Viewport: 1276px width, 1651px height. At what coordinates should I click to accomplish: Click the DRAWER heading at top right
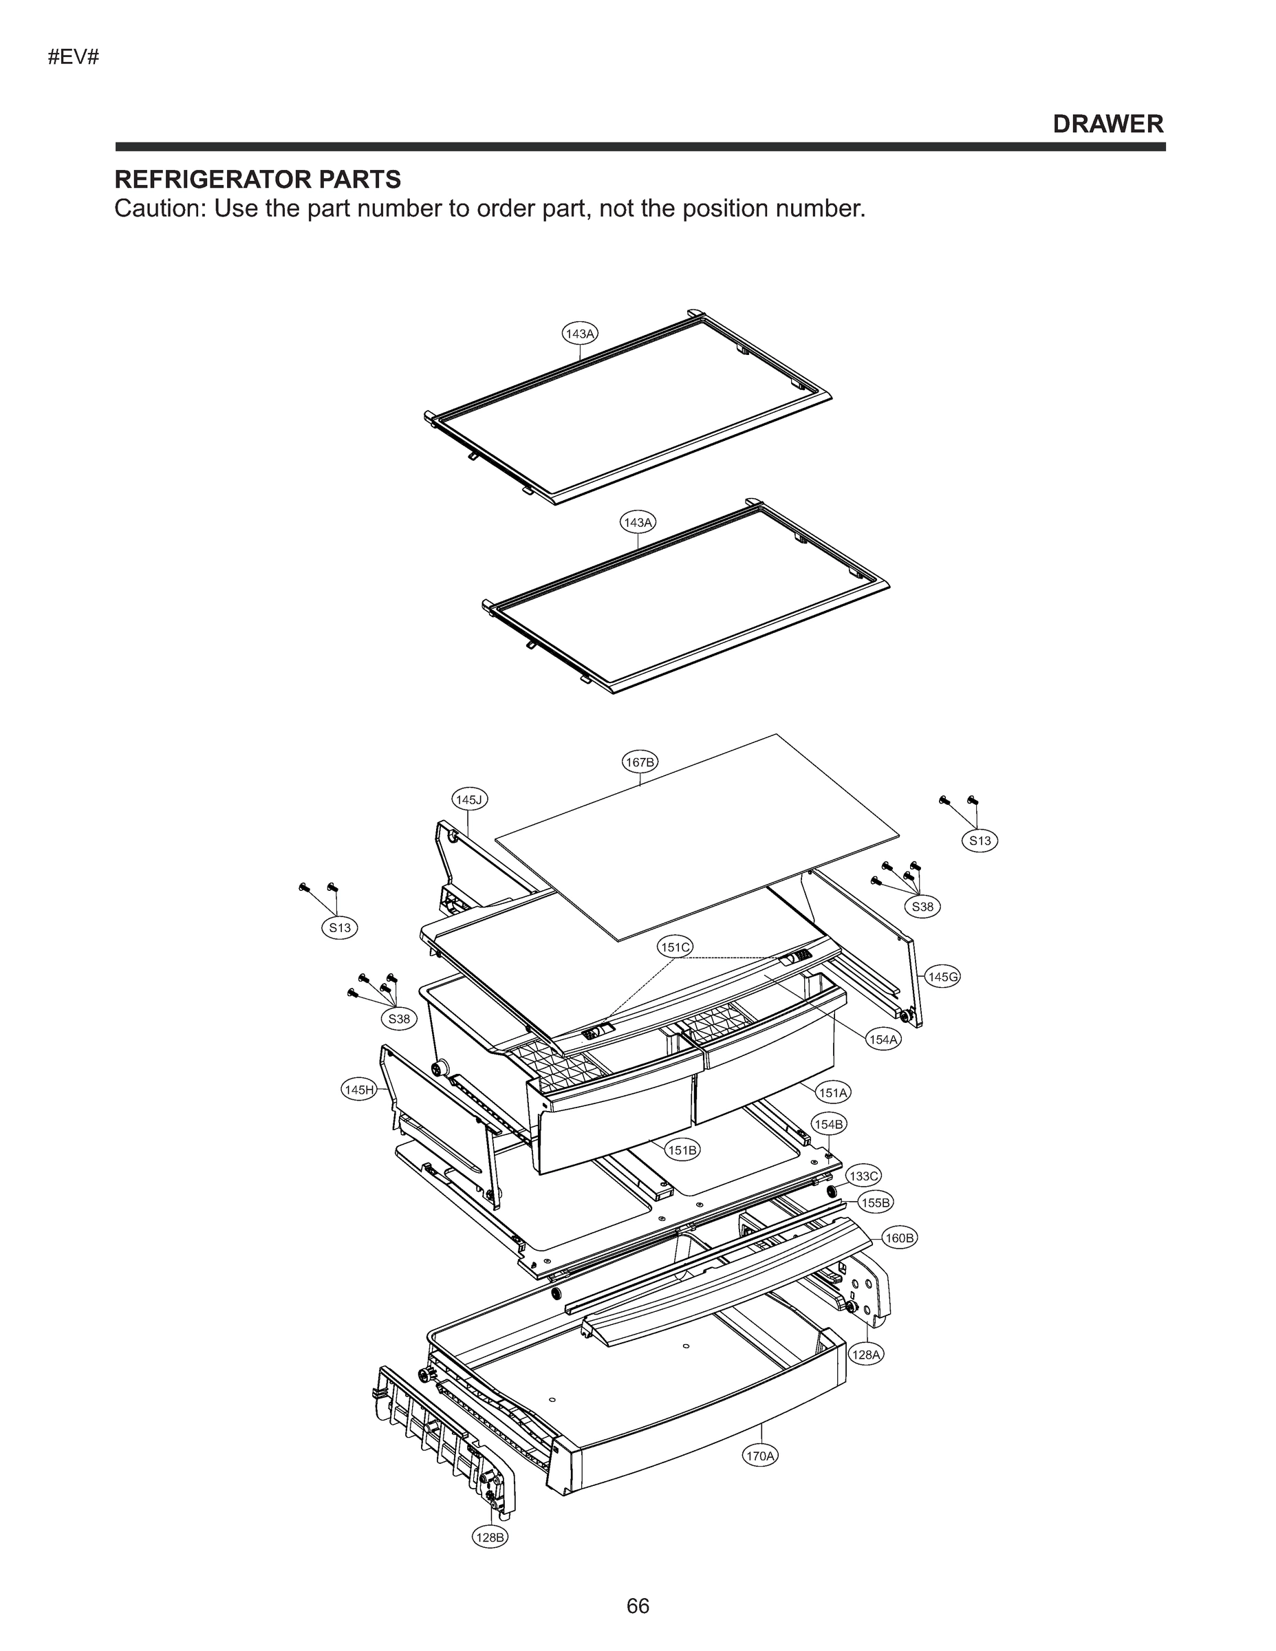(x=1107, y=124)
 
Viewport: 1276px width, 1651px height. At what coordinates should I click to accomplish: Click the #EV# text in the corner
(x=74, y=58)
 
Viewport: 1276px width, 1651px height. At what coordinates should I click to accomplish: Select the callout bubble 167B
(x=640, y=762)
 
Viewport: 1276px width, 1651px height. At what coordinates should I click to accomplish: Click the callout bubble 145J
(x=469, y=799)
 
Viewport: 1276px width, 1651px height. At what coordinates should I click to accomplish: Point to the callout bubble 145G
(x=942, y=977)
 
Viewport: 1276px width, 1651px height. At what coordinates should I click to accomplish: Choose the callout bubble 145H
(x=358, y=1090)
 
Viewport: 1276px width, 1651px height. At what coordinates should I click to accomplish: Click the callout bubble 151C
(x=675, y=947)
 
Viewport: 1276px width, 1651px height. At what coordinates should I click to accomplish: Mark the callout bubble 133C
(x=863, y=1176)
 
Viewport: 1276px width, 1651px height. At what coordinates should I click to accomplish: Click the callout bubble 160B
(x=900, y=1238)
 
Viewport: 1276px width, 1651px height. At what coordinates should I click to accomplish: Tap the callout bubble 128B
(x=489, y=1537)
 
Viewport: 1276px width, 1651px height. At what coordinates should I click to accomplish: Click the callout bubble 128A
(x=866, y=1355)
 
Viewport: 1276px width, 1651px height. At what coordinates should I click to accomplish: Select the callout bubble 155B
(x=876, y=1202)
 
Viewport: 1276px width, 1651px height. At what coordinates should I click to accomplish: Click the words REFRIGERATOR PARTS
(x=257, y=180)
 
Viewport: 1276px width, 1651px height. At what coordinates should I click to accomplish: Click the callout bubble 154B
(x=828, y=1124)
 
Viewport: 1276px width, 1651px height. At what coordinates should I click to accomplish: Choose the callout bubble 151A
(x=833, y=1092)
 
